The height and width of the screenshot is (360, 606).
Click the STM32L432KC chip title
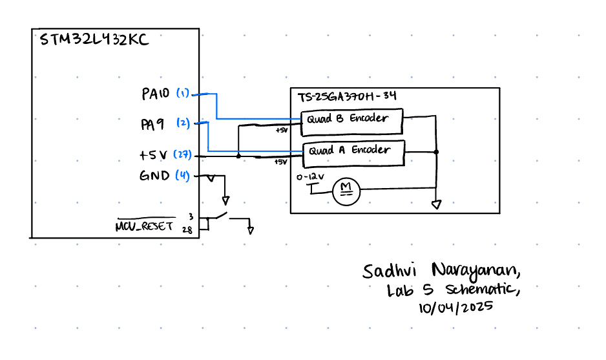pyautogui.click(x=94, y=40)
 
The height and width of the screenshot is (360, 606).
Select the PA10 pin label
pyautogui.click(x=156, y=94)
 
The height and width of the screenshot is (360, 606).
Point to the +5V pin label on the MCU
pyautogui.click(x=154, y=156)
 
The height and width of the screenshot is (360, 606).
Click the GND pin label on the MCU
pyautogui.click(x=154, y=176)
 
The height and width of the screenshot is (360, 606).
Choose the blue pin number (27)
pyautogui.click(x=183, y=156)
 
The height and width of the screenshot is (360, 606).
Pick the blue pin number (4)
pyautogui.click(x=183, y=176)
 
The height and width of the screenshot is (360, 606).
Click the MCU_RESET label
pyautogui.click(x=144, y=226)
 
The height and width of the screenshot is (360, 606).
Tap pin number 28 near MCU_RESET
pyautogui.click(x=187, y=229)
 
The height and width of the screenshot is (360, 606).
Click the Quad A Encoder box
pyautogui.click(x=353, y=151)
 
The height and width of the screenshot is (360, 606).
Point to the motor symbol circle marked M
pyautogui.click(x=346, y=190)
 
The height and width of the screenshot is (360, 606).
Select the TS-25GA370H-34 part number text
pyautogui.click(x=347, y=97)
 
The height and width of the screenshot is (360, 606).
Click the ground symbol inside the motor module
pyautogui.click(x=437, y=205)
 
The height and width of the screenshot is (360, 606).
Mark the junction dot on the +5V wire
pyautogui.click(x=239, y=156)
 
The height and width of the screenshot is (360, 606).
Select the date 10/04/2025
pyautogui.click(x=456, y=307)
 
